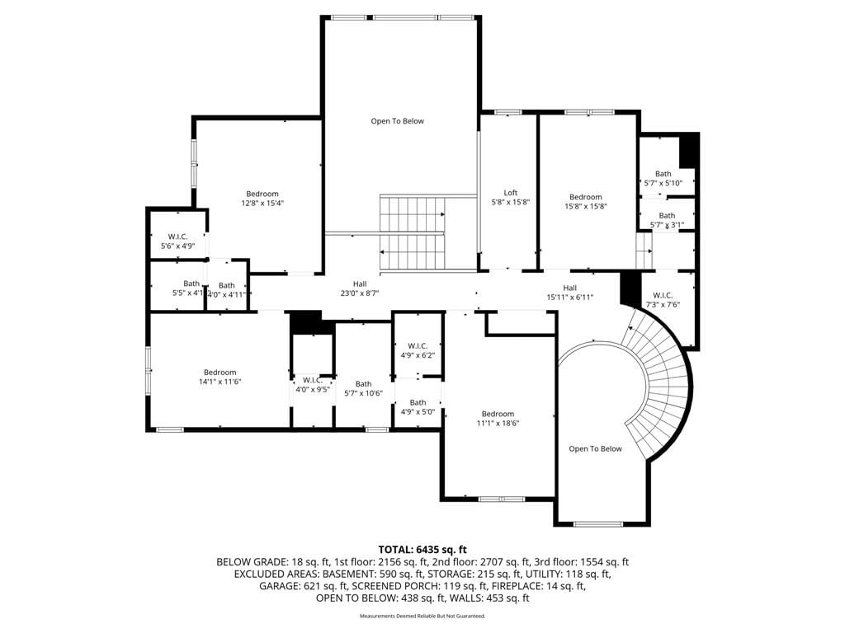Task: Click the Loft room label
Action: tap(510, 193)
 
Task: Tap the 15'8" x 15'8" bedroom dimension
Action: tap(586, 206)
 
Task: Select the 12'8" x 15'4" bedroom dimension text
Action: tap(262, 203)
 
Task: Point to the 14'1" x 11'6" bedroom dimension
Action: tap(220, 382)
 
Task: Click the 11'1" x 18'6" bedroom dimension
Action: tap(498, 423)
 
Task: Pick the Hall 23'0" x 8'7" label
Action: tap(360, 288)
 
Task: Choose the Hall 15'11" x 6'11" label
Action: tap(570, 293)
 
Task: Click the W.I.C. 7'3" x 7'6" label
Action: tap(663, 300)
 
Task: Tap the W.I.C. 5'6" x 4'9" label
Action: tap(178, 241)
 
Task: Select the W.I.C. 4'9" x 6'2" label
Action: tap(418, 350)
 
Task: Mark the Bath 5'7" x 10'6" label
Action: tap(364, 389)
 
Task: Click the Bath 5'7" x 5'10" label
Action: tap(663, 178)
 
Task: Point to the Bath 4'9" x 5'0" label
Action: tap(418, 407)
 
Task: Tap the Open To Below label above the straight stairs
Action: tap(397, 121)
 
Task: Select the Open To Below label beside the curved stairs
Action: tap(596, 449)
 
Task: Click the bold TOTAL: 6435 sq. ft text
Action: tap(422, 550)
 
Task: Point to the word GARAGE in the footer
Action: tap(280, 586)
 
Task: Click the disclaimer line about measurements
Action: tap(422, 616)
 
